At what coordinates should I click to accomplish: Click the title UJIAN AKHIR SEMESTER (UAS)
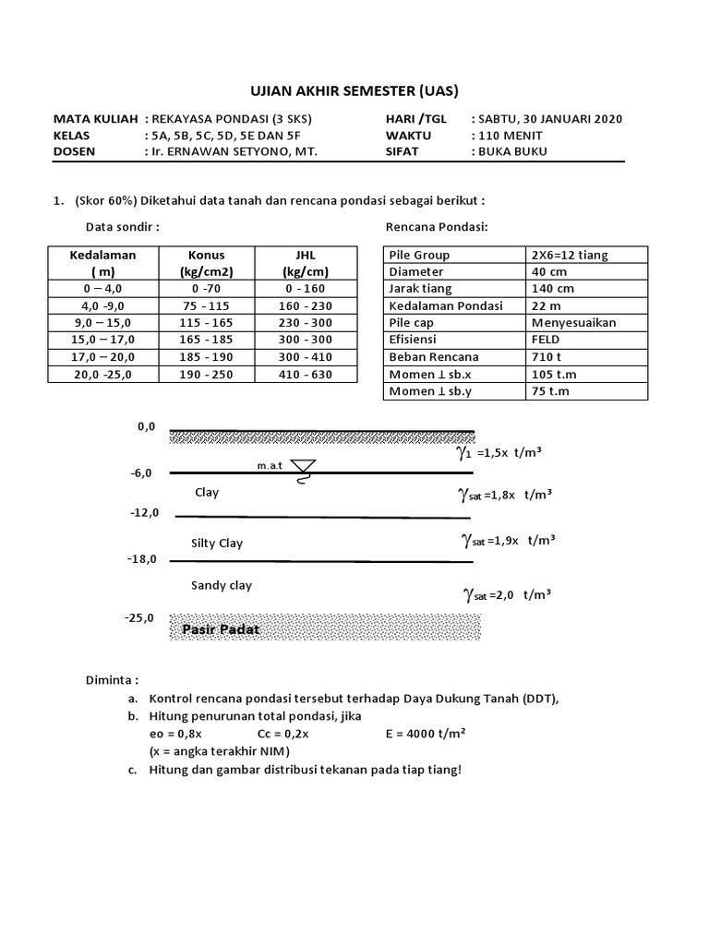click(x=354, y=90)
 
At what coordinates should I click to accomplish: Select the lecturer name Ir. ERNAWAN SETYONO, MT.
click(x=232, y=152)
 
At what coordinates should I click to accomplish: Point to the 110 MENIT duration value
click(x=509, y=136)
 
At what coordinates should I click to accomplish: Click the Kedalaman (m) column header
click(x=103, y=263)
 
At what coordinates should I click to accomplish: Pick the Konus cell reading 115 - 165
click(x=206, y=323)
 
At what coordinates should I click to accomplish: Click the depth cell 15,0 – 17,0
click(x=103, y=341)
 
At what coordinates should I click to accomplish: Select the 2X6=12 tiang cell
click(x=569, y=255)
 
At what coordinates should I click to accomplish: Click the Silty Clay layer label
click(x=217, y=544)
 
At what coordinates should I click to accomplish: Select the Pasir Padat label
click(x=221, y=629)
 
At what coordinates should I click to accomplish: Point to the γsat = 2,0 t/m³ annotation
click(x=505, y=595)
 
